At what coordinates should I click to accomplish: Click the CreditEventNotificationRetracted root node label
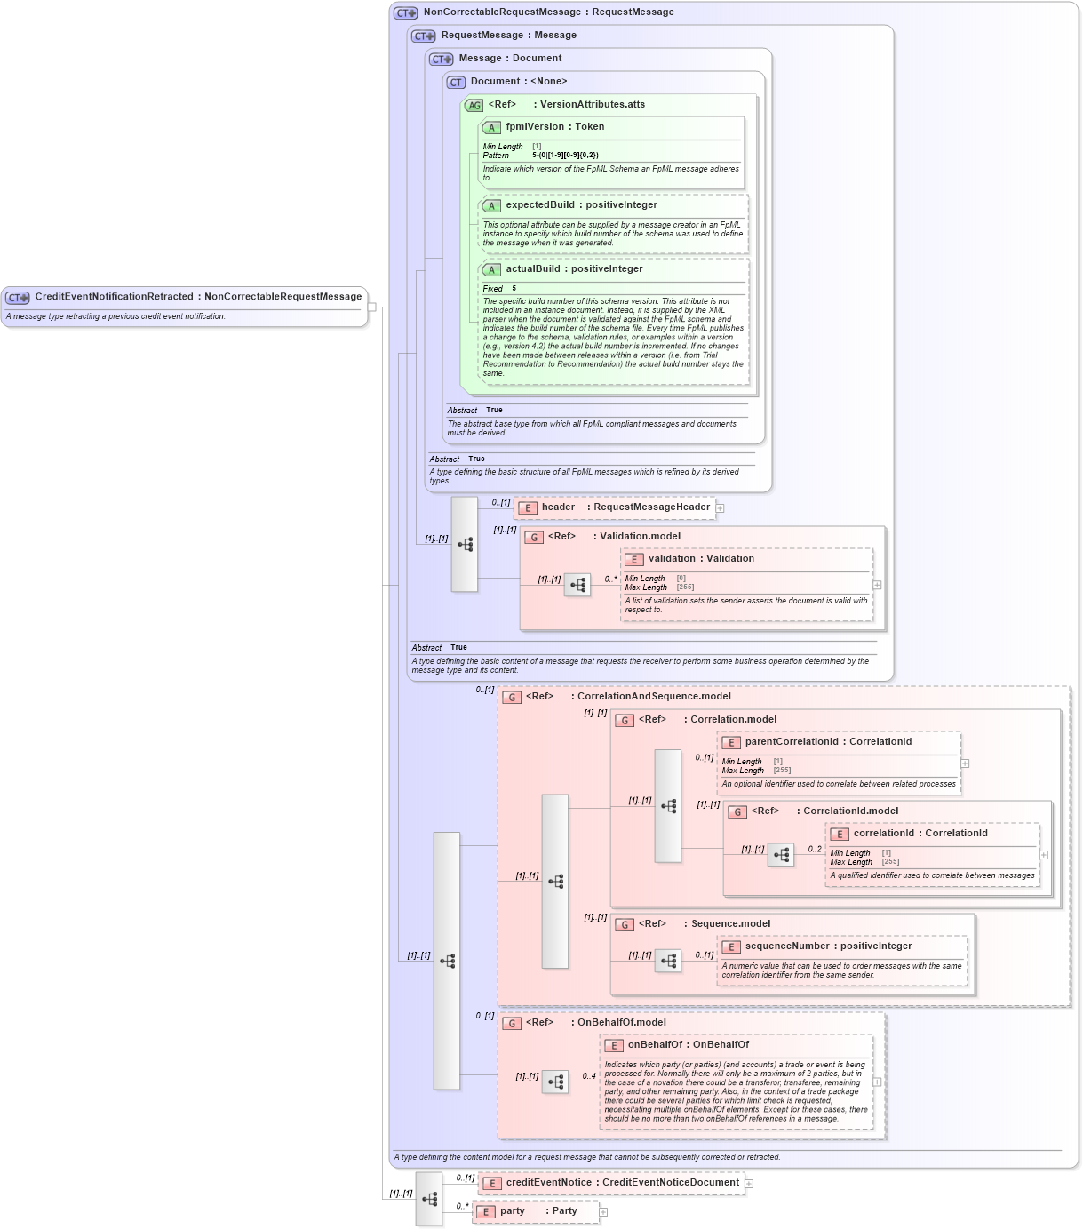point(197,297)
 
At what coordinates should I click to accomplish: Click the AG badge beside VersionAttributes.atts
point(474,105)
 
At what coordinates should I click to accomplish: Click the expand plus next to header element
point(721,508)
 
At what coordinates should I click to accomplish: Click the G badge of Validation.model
point(534,538)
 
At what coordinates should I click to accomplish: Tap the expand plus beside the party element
point(603,1212)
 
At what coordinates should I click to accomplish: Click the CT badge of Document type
point(456,82)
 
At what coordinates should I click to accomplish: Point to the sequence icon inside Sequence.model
point(668,961)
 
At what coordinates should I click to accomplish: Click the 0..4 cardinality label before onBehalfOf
point(589,1076)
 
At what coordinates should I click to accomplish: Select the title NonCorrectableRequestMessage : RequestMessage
point(548,12)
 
